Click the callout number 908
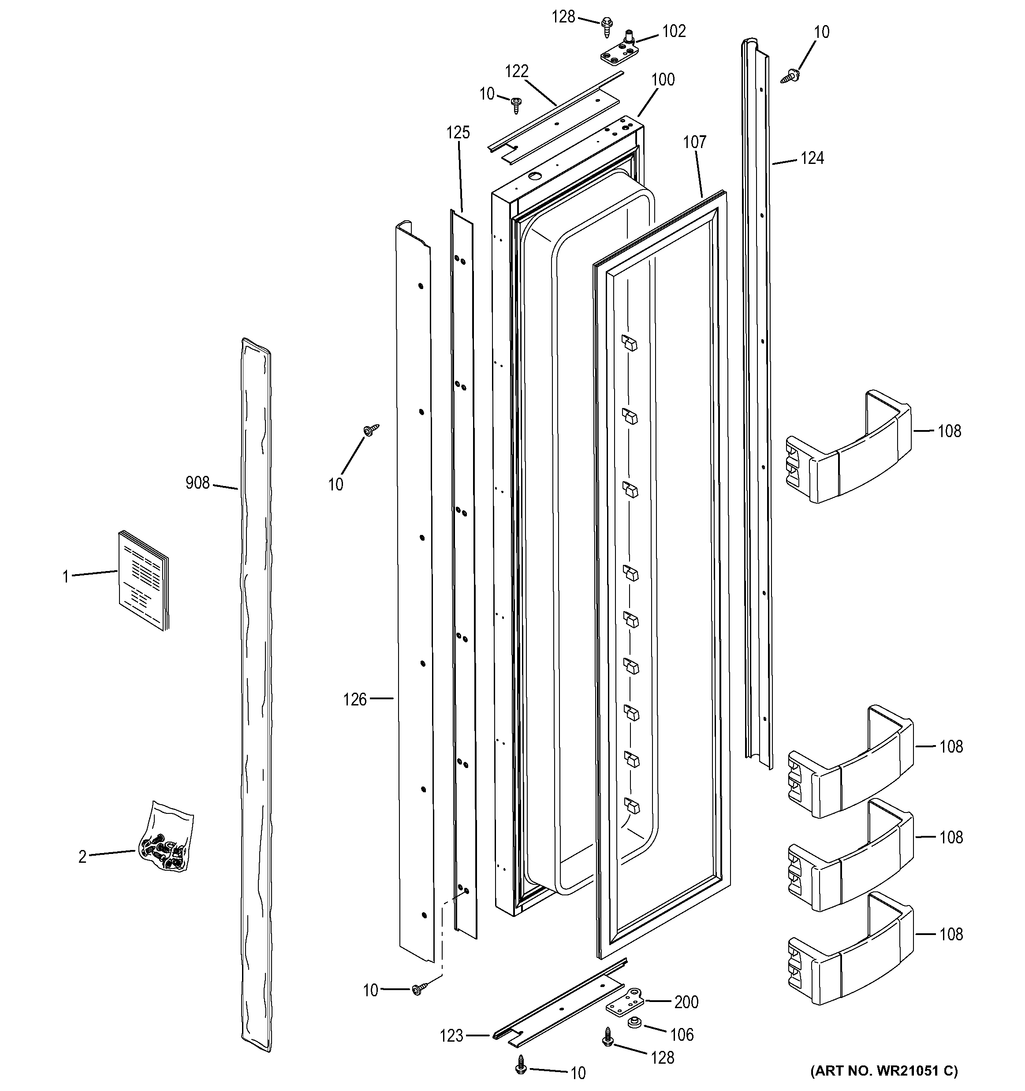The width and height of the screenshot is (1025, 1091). pyautogui.click(x=198, y=483)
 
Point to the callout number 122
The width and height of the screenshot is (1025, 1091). pyautogui.click(x=517, y=71)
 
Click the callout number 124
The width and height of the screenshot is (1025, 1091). pyautogui.click(x=812, y=159)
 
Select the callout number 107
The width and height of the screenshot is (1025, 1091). pyautogui.click(x=694, y=143)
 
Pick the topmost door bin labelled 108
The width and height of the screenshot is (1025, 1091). pyautogui.click(x=848, y=447)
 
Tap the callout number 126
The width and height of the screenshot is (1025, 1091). pyautogui.click(x=354, y=700)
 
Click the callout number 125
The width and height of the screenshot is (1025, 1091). pyautogui.click(x=458, y=133)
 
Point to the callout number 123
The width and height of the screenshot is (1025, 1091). pyautogui.click(x=452, y=1036)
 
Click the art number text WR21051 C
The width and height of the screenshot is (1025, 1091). pyautogui.click(x=883, y=1071)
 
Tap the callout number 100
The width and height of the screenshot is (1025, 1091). pyautogui.click(x=663, y=80)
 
